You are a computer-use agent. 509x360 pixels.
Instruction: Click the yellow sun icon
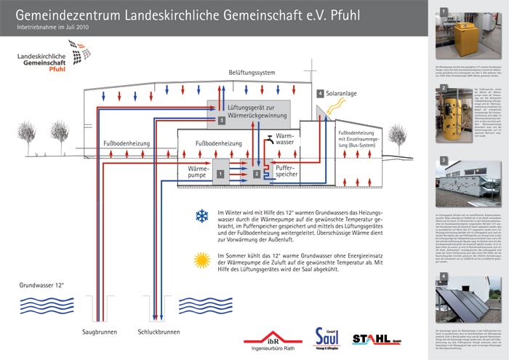(x=201, y=259)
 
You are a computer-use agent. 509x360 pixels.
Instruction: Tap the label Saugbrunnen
(x=96, y=332)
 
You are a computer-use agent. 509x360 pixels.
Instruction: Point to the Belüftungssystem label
(x=252, y=73)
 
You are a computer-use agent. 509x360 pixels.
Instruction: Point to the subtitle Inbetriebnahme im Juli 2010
(x=52, y=27)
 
